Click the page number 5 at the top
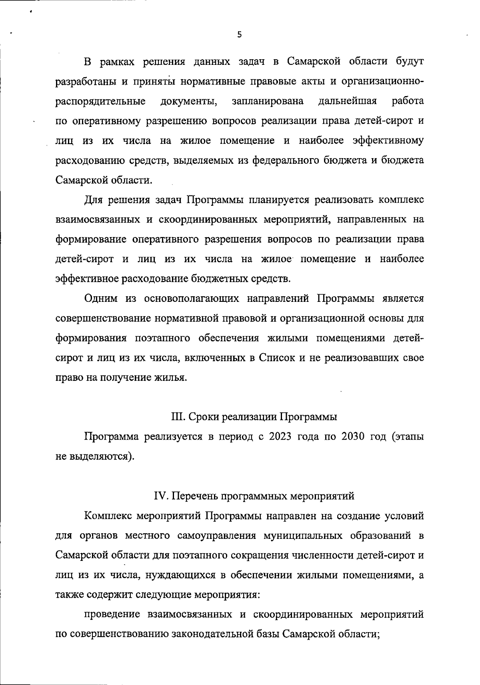pyautogui.click(x=239, y=35)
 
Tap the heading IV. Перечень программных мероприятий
pyautogui.click(x=254, y=496)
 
